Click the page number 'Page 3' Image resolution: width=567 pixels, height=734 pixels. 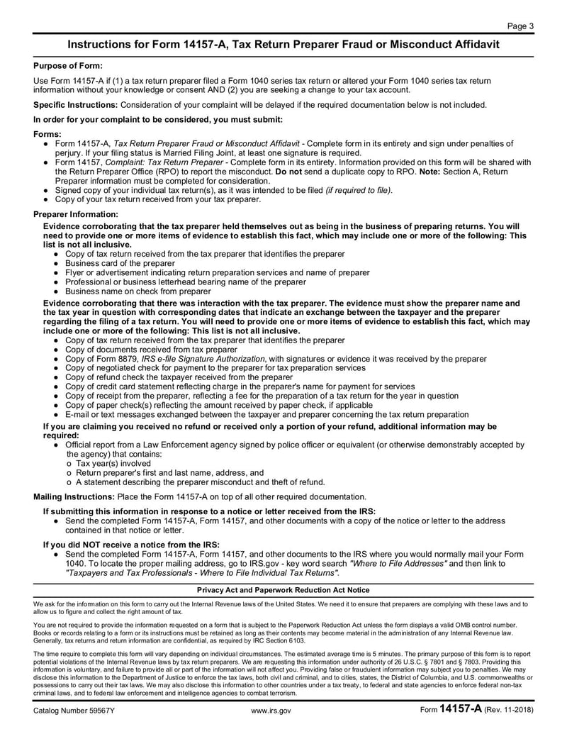click(x=520, y=26)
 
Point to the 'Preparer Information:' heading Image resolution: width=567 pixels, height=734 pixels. click(x=76, y=213)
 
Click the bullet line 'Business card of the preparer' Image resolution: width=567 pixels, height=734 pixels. click(x=120, y=263)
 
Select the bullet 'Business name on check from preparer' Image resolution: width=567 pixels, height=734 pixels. click(x=137, y=291)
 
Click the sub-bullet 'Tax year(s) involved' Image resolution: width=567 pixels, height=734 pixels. click(x=113, y=463)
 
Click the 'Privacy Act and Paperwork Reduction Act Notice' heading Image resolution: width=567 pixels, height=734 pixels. click(x=283, y=590)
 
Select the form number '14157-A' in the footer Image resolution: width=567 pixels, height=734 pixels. click(x=461, y=708)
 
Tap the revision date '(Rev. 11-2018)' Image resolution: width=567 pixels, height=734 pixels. click(x=509, y=710)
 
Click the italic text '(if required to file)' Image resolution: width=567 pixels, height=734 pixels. click(x=358, y=190)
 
